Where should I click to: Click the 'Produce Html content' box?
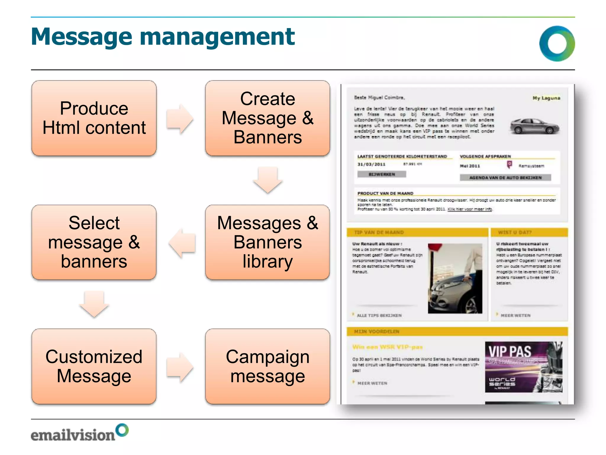point(94,118)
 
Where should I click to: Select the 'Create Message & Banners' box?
point(267,118)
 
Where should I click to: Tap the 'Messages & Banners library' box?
point(267,242)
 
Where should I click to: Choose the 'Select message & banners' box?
point(94,242)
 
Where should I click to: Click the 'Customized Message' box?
point(94,366)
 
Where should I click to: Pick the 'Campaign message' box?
point(267,366)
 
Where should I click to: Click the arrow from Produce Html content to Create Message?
point(180,119)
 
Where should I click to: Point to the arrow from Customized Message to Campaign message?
point(180,367)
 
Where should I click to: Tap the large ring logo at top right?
point(557,44)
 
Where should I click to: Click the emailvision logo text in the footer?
point(73,435)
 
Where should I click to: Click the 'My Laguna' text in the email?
point(546,98)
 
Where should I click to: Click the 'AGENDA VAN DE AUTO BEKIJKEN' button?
point(505,178)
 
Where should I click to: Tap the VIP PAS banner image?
point(523,367)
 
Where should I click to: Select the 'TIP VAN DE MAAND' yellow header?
point(417,232)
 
